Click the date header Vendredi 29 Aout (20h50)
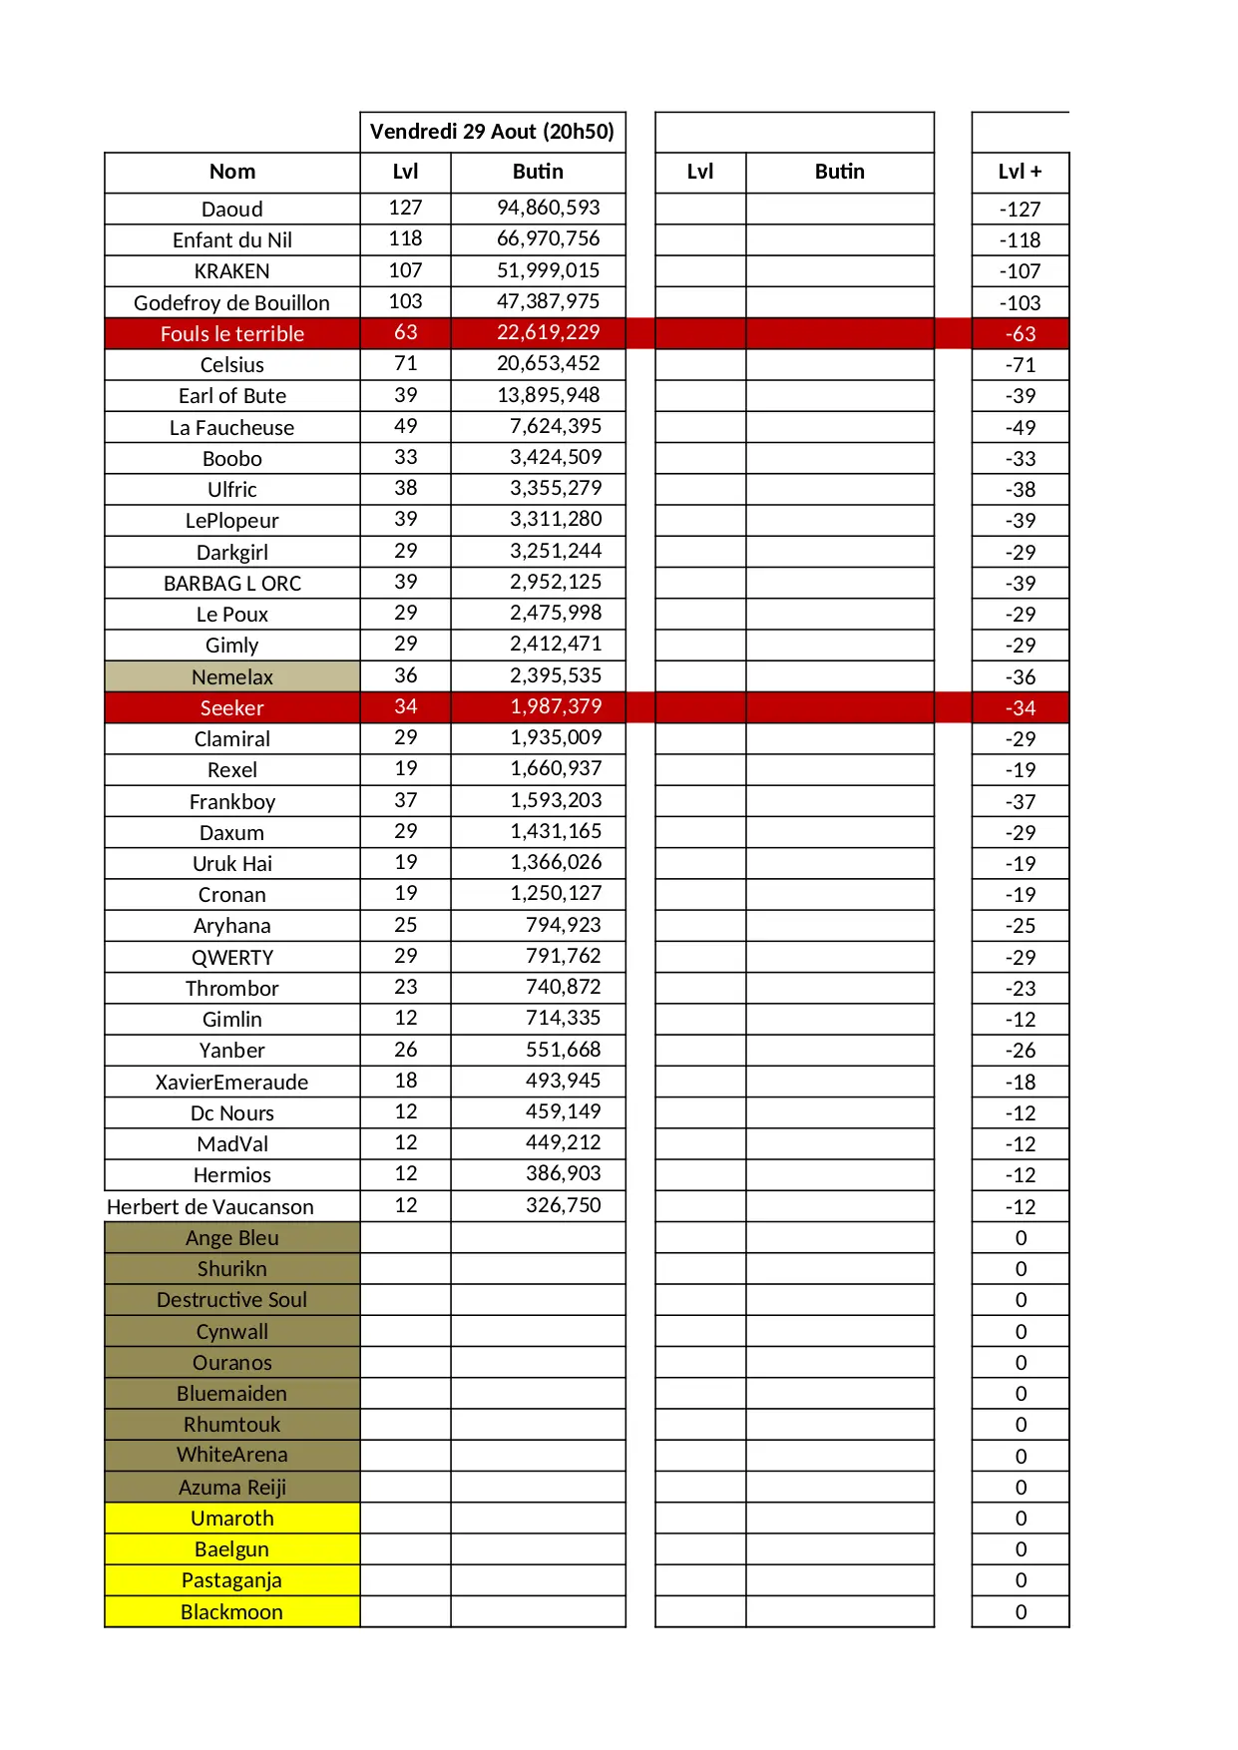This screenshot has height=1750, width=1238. (x=492, y=132)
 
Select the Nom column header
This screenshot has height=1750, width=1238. (x=232, y=172)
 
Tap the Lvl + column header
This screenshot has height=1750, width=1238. (x=1020, y=172)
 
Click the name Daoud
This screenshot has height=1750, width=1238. (x=232, y=210)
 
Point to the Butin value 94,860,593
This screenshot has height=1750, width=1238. (x=549, y=208)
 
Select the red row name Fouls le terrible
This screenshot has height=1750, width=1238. (x=232, y=334)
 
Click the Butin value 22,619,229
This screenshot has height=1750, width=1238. (x=549, y=332)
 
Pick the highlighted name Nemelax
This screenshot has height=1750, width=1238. (x=232, y=677)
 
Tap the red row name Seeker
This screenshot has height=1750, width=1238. (x=232, y=708)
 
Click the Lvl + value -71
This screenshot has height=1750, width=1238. (x=1020, y=365)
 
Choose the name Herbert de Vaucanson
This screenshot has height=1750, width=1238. (x=210, y=1207)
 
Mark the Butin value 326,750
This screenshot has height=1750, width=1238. (x=564, y=1205)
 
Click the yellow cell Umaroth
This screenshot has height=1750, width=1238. (x=232, y=1519)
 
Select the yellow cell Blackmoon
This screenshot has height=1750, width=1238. (x=232, y=1612)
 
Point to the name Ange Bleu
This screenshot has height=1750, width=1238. (x=232, y=1238)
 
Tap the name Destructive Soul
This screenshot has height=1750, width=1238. (x=232, y=1300)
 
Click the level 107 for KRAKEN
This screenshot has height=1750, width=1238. (x=405, y=270)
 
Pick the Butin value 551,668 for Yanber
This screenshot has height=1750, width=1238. (x=564, y=1050)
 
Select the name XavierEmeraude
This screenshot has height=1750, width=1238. (x=232, y=1083)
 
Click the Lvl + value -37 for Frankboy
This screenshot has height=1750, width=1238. (x=1020, y=802)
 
